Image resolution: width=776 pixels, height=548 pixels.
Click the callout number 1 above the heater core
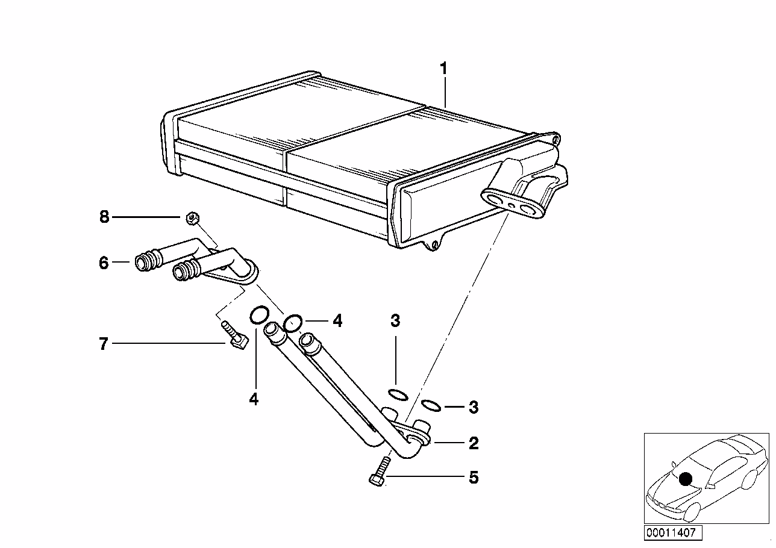click(443, 69)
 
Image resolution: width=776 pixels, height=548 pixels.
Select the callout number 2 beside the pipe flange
click(474, 444)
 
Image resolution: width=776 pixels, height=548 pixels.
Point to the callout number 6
click(104, 263)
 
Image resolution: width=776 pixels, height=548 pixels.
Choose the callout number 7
click(104, 344)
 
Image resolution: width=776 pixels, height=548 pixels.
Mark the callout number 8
click(104, 217)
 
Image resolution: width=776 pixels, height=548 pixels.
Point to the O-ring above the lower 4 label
click(259, 314)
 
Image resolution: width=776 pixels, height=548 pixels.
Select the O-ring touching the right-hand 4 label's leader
click(293, 323)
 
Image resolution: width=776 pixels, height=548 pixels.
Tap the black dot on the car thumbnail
click(684, 479)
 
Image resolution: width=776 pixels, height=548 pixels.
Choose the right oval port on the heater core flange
click(530, 209)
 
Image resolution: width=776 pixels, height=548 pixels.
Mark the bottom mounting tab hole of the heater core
click(431, 245)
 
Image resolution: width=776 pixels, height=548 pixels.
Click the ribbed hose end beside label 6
click(145, 263)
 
